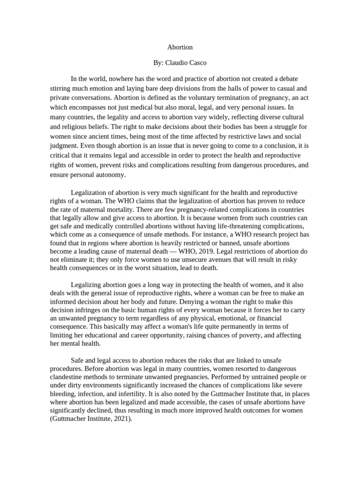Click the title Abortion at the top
click(x=180, y=47)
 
